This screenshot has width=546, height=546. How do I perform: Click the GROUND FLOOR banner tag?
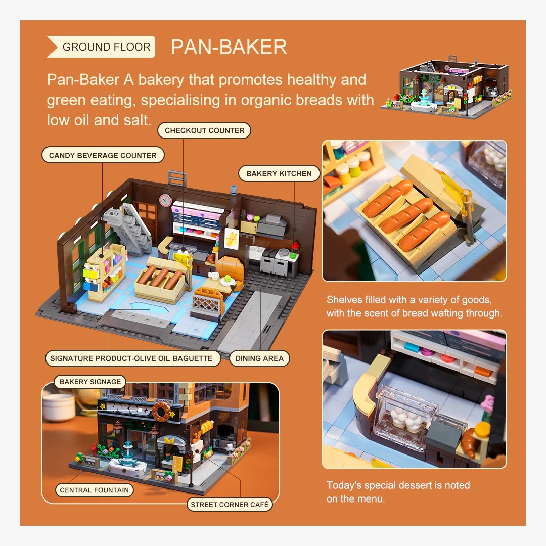(x=101, y=47)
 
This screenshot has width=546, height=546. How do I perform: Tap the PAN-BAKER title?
(x=229, y=47)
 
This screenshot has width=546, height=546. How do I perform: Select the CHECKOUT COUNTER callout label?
(x=204, y=130)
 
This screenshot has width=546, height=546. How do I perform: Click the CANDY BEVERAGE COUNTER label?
(x=103, y=155)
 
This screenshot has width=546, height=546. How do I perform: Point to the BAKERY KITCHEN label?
(x=279, y=173)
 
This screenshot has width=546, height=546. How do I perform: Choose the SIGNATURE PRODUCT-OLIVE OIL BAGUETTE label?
(x=132, y=358)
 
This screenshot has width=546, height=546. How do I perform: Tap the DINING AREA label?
(x=259, y=358)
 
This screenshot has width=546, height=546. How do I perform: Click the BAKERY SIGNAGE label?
(x=90, y=382)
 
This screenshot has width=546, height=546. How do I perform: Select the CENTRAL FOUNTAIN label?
(x=95, y=490)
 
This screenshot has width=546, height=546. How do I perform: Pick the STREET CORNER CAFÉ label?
(x=230, y=504)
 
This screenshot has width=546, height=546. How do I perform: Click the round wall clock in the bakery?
(x=166, y=200)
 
